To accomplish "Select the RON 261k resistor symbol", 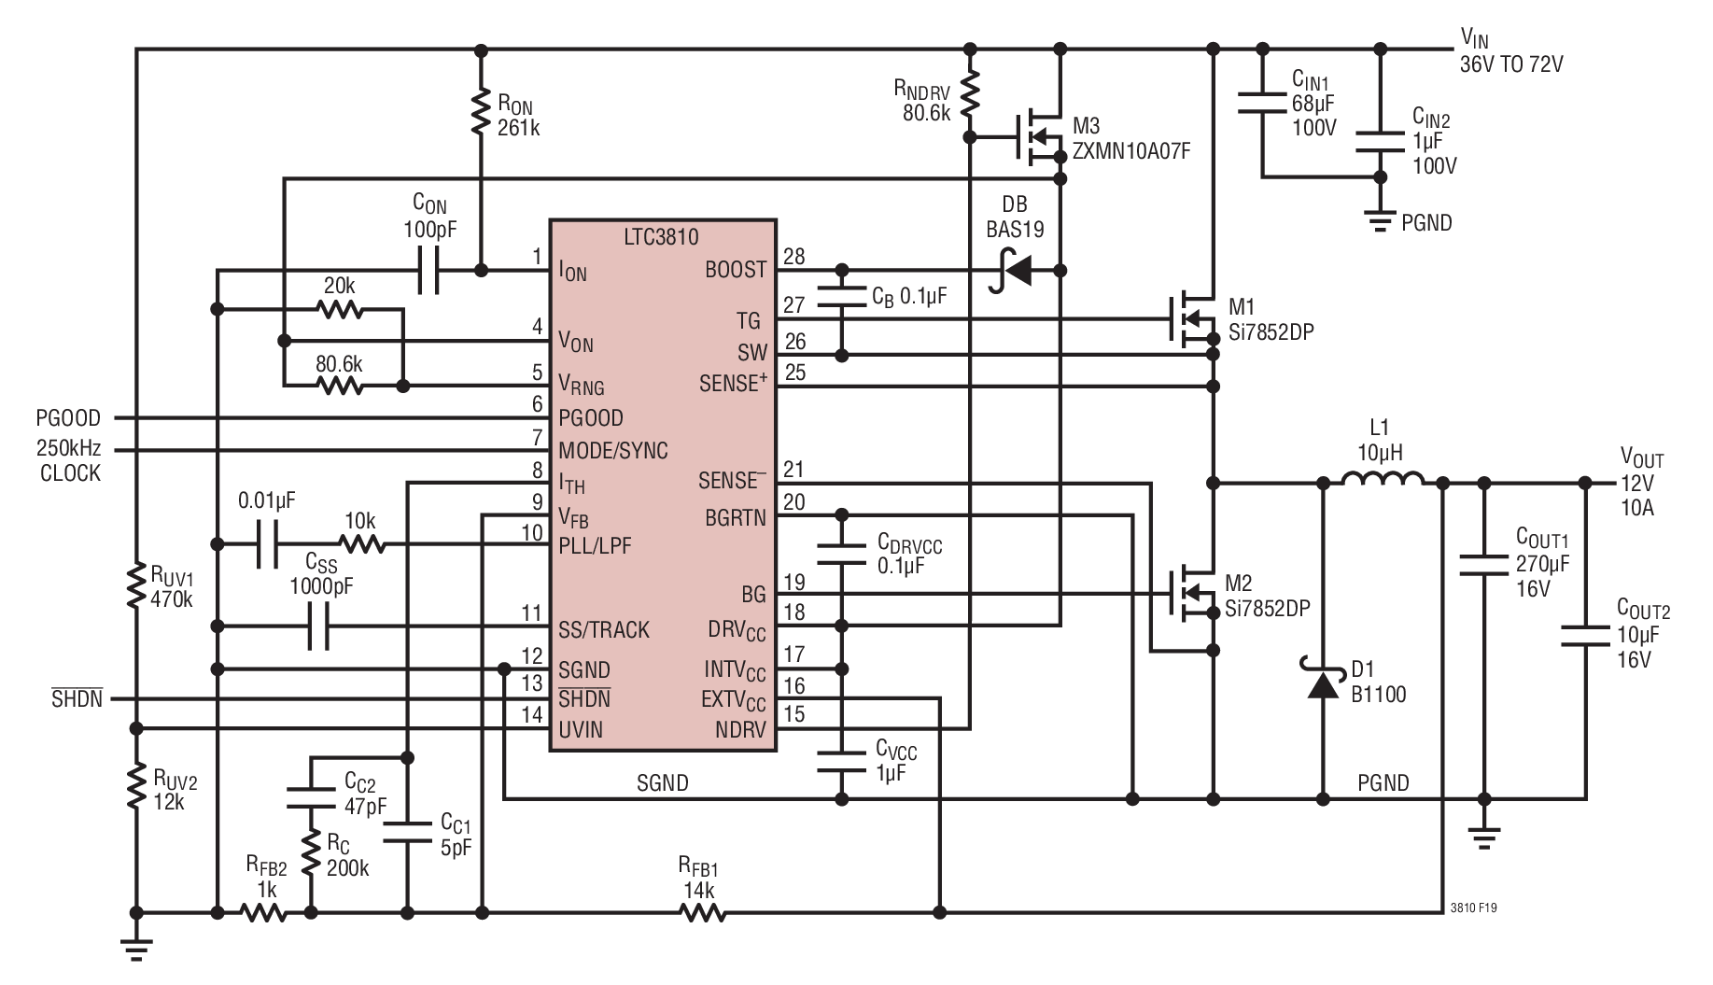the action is [x=481, y=111].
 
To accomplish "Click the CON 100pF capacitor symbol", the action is [x=428, y=271].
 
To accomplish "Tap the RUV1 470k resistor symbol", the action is [x=136, y=586].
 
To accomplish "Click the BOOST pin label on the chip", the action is [x=736, y=270].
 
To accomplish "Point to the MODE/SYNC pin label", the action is [x=613, y=451].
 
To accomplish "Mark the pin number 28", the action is [x=793, y=256].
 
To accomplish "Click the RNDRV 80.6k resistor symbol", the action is [x=970, y=93].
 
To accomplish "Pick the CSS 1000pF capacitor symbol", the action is [x=318, y=626].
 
